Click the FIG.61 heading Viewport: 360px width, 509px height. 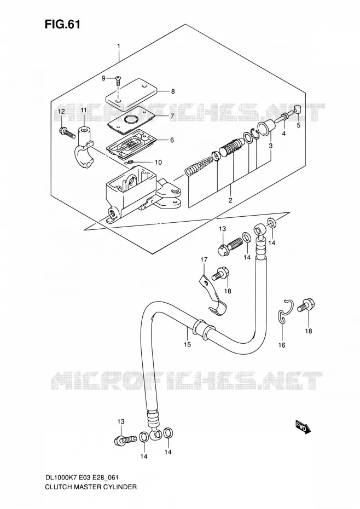coord(62,24)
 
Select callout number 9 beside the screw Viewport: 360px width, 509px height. coord(103,78)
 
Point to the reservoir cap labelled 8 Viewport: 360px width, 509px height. coord(132,91)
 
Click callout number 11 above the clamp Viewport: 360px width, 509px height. coord(84,111)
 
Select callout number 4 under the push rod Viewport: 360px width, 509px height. coord(284,134)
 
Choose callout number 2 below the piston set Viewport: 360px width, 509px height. coord(230,200)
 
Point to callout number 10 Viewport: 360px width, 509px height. coord(158,162)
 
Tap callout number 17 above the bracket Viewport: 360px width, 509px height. coord(204,259)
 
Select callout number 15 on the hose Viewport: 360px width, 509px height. coord(187,344)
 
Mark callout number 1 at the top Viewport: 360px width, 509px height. coord(119,46)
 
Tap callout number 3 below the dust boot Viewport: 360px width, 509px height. coord(270,146)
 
